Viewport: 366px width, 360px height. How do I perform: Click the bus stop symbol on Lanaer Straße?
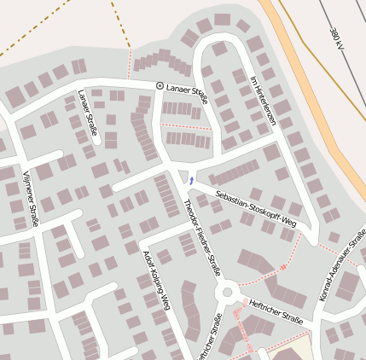tap(159, 86)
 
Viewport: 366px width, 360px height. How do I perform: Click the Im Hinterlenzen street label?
tap(264, 101)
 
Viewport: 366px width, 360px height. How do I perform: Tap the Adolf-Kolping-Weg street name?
tap(158, 282)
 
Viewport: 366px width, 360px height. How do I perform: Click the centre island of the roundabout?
tap(227, 293)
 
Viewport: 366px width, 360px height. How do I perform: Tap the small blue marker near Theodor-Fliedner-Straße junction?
tap(192, 181)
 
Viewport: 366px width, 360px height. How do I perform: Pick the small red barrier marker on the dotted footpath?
tap(283, 267)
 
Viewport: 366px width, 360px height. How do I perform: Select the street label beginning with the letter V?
tap(31, 199)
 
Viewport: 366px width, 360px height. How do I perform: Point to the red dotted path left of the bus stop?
tap(130, 63)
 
